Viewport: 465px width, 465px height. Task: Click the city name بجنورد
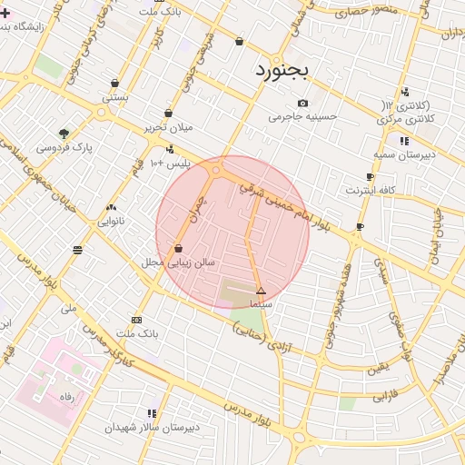[x=282, y=70]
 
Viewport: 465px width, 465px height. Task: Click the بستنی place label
[x=114, y=94]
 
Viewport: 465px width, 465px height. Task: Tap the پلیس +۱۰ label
[x=172, y=163]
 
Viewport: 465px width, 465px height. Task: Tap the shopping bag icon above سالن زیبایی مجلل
[x=178, y=248]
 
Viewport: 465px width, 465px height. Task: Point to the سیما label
[x=261, y=304]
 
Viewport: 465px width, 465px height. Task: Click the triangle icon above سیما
[x=261, y=292]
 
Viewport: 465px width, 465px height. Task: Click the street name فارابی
[x=385, y=396]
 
